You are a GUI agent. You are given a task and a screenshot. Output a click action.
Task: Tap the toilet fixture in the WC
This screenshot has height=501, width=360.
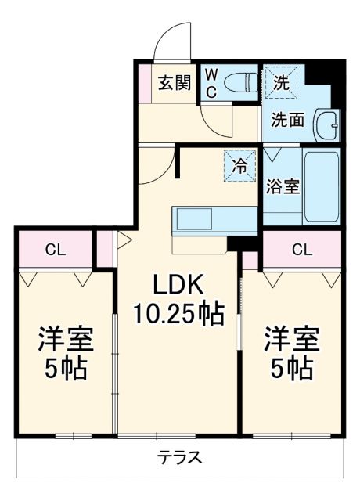point(239,81)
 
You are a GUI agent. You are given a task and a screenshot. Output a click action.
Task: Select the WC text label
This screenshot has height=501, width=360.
point(211,81)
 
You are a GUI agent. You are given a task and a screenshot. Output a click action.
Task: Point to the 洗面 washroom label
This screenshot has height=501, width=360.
point(287,120)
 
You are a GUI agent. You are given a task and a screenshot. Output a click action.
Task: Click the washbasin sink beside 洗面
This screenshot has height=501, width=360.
point(326,124)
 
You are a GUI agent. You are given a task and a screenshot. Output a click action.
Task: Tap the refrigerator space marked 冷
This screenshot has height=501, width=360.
point(240,166)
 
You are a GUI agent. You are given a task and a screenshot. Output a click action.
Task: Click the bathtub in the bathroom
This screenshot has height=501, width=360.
point(322,187)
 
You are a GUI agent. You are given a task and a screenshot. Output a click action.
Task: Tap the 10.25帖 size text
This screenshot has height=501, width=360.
point(177,315)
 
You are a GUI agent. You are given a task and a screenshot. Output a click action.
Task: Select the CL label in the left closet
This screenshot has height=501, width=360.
point(54,250)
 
